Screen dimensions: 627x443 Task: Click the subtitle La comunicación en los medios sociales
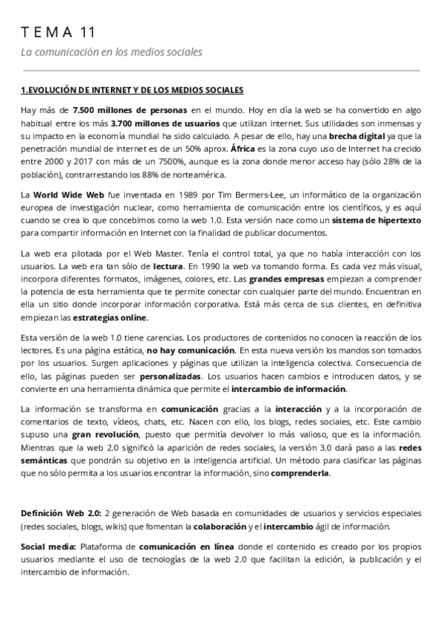(x=111, y=52)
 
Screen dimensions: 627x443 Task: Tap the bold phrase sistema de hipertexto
(x=376, y=221)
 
